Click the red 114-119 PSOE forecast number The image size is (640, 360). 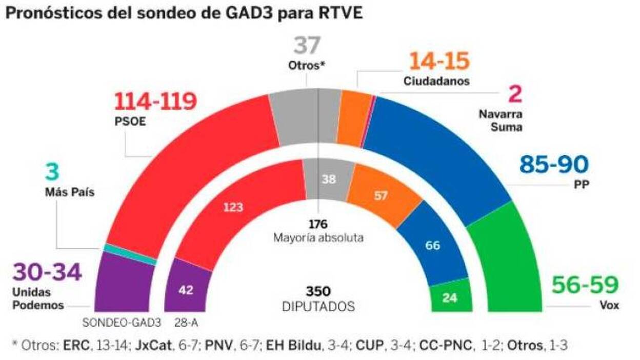click(x=155, y=102)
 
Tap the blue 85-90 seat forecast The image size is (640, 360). click(x=554, y=165)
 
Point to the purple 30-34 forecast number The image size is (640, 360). click(x=47, y=272)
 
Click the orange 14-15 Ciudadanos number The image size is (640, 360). click(x=438, y=62)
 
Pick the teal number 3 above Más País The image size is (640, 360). click(x=52, y=172)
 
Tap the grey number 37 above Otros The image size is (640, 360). click(x=307, y=46)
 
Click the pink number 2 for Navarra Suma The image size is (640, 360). click(x=515, y=95)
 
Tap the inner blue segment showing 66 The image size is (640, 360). click(x=432, y=245)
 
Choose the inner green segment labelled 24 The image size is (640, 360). click(x=450, y=296)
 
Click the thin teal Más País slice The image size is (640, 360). click(x=130, y=254)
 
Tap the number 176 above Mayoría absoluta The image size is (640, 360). click(x=318, y=224)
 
